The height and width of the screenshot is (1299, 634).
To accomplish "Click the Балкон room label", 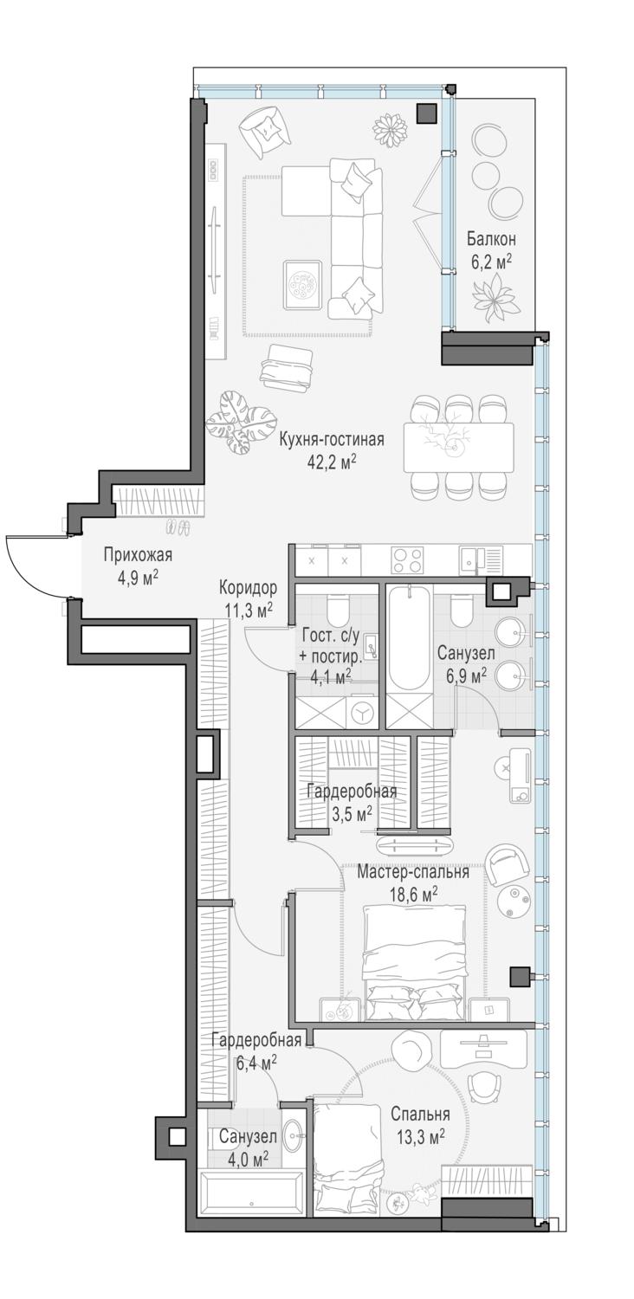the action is [491, 238].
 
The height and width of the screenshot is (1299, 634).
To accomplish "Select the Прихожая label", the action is [138, 555].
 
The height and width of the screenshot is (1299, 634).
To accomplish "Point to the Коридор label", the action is [248, 587].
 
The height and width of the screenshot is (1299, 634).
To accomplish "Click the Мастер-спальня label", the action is [413, 871].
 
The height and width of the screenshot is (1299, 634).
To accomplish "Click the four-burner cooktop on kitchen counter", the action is [406, 560].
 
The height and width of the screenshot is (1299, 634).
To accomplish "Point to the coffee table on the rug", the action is [303, 287].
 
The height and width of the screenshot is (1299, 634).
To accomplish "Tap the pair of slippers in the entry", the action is [178, 527].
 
